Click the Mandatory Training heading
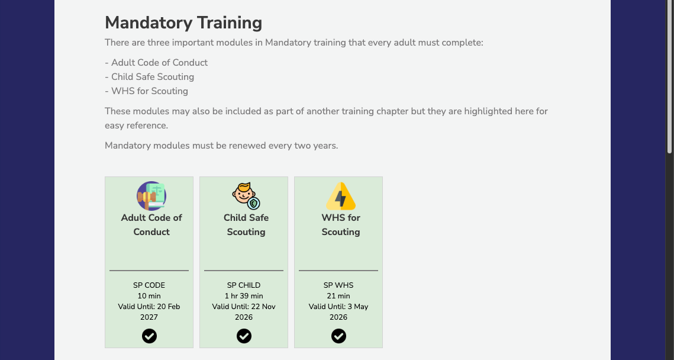pyautogui.click(x=183, y=22)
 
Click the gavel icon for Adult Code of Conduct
pyautogui.click(x=151, y=196)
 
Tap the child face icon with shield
pyautogui.click(x=246, y=196)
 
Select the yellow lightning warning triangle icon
pyautogui.click(x=341, y=196)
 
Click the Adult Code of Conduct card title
pyautogui.click(x=151, y=224)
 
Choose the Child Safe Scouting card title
pyautogui.click(x=246, y=224)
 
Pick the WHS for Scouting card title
pyautogui.click(x=341, y=224)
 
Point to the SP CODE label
pyautogui.click(x=149, y=285)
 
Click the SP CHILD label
pyautogui.click(x=244, y=285)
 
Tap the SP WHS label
pyautogui.click(x=338, y=285)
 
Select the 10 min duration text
pyautogui.click(x=149, y=296)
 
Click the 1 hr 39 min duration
pyautogui.click(x=244, y=296)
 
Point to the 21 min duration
pyautogui.click(x=338, y=296)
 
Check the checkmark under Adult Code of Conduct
pyautogui.click(x=149, y=336)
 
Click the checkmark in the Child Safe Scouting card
pyautogui.click(x=244, y=336)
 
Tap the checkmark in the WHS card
pyautogui.click(x=338, y=336)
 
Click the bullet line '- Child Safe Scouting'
pyautogui.click(x=150, y=77)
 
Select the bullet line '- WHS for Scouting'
pyautogui.click(x=147, y=91)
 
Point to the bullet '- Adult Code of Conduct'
pyautogui.click(x=156, y=63)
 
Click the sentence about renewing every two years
pyautogui.click(x=221, y=146)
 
